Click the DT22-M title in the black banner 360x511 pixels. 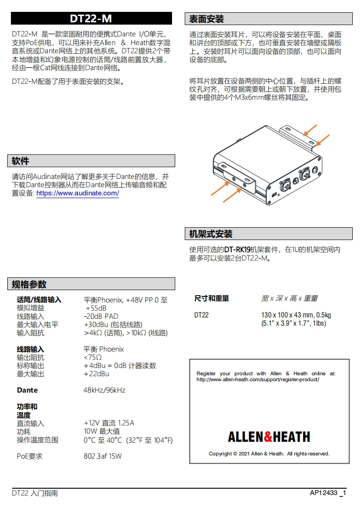(91, 19)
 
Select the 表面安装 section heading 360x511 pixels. (207, 19)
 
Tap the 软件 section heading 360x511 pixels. (20, 161)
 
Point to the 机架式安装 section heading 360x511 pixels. (211, 234)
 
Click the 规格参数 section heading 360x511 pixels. (29, 285)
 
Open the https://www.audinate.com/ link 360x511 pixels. (77, 194)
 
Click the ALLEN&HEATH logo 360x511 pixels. (269, 437)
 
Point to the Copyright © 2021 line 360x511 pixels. (269, 454)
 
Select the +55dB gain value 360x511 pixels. (96, 308)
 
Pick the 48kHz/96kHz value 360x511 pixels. (104, 390)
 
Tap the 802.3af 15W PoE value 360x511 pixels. (103, 456)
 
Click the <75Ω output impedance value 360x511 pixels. (93, 358)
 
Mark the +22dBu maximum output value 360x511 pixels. (96, 374)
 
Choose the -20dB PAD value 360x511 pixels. (101, 317)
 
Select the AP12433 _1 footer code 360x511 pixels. (328, 493)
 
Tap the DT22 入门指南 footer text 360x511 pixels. (35, 493)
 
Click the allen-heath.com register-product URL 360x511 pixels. (258, 379)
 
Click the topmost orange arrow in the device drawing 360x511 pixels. (311, 131)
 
